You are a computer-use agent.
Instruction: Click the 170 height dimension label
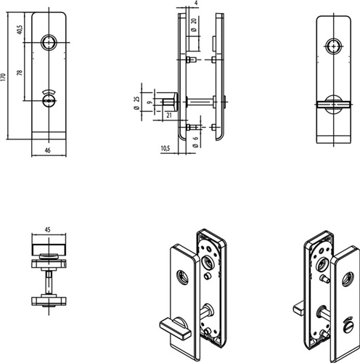[3, 76]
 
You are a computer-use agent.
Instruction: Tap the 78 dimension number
[20, 73]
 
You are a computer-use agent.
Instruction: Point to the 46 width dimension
[48, 150]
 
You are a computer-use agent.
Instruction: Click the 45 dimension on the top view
[48, 229]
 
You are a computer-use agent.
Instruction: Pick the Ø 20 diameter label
[194, 25]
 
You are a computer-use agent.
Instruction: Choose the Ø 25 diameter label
[136, 103]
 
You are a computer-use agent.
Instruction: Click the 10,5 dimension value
[165, 148]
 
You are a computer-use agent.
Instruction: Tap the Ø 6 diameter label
[195, 142]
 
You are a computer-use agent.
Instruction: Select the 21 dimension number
[169, 115]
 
